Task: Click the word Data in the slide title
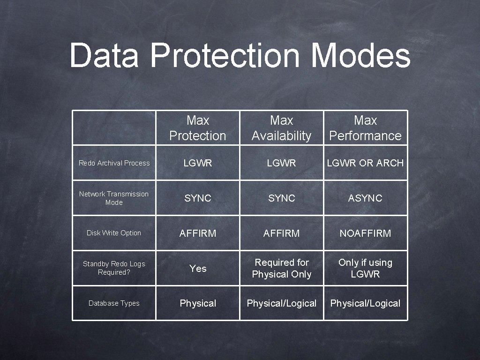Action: tap(104, 55)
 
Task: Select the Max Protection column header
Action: tap(198, 128)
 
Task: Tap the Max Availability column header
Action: tap(281, 128)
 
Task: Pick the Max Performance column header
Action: tap(365, 128)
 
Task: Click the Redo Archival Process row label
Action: tap(114, 163)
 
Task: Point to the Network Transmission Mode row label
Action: tap(114, 198)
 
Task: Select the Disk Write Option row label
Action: tap(114, 233)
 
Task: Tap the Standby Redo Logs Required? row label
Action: tap(114, 268)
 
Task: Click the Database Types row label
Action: tap(114, 303)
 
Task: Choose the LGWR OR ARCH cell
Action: tap(365, 163)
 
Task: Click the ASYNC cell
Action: tap(365, 198)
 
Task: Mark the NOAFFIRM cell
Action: tap(365, 233)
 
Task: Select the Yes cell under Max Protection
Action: tap(198, 269)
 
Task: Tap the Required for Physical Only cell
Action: tap(281, 268)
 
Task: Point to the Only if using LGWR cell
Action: tap(365, 268)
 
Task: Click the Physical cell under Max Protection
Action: tap(198, 303)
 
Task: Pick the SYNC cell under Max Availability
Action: tap(281, 198)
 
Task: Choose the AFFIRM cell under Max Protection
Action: tap(198, 233)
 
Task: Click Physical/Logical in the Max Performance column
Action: tap(365, 303)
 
